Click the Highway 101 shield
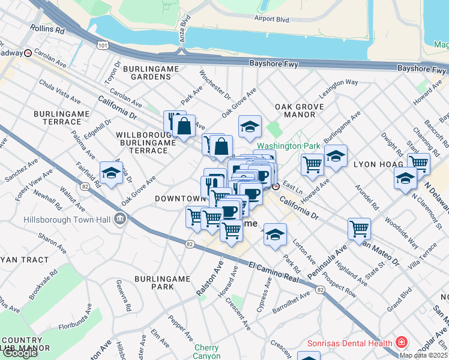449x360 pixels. pos(103,45)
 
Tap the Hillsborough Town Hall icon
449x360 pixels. pos(121,218)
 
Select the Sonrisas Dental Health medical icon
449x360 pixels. pos(401,344)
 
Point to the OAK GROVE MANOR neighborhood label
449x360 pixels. pos(300,111)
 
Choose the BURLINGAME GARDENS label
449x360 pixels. pos(151,73)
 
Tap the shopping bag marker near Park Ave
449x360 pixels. pos(184,126)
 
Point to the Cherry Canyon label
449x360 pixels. pos(206,352)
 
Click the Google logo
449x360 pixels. pos(19,353)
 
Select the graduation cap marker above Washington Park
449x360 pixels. pos(250,127)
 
